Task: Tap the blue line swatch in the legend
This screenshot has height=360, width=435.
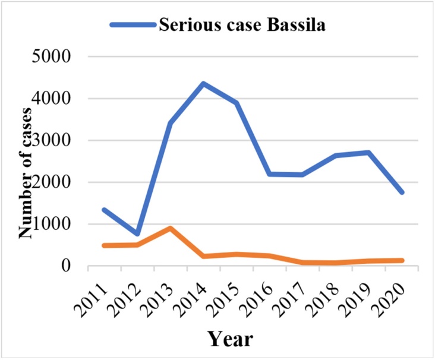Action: pyautogui.click(x=132, y=26)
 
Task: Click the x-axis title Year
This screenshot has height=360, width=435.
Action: pyautogui.click(x=232, y=339)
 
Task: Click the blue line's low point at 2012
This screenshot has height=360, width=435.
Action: pyautogui.click(x=138, y=234)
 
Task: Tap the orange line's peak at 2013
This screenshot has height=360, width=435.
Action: pyautogui.click(x=171, y=228)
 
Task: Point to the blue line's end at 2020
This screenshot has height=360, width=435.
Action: pyautogui.click(x=402, y=192)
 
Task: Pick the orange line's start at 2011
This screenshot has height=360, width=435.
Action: pyautogui.click(x=105, y=245)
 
